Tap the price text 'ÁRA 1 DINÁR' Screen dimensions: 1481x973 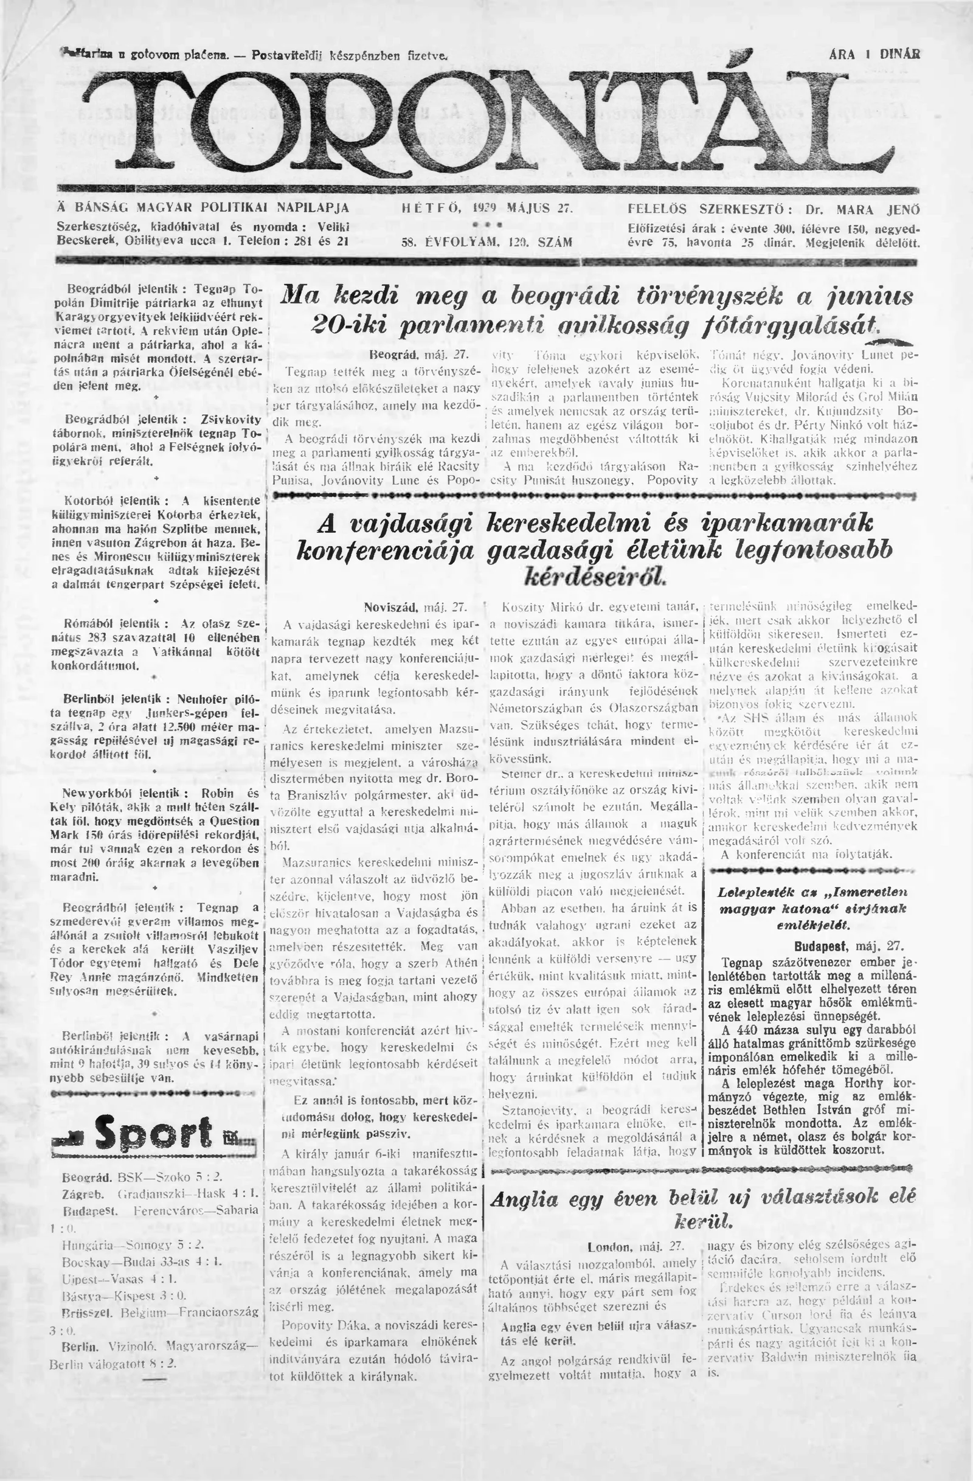pyautogui.click(x=874, y=54)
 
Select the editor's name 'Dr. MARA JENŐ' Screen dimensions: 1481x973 pyautogui.click(x=862, y=209)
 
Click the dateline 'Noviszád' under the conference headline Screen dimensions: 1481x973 pyautogui.click(x=390, y=607)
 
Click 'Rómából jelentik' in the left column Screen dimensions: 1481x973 pyautogui.click(x=116, y=623)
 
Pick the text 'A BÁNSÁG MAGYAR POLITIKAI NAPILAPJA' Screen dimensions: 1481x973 pyautogui.click(x=203, y=208)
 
